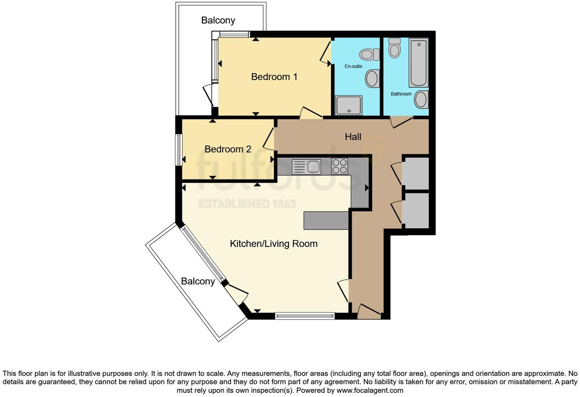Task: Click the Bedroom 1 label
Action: coord(274,77)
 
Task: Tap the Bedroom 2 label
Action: coord(228,149)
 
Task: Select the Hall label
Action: coord(353,137)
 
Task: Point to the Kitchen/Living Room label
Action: coord(274,244)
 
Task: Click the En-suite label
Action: coord(353,66)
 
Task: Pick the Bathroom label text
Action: coord(401,94)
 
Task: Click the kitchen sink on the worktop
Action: coord(306,167)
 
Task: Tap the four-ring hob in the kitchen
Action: coord(340,166)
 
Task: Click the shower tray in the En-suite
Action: coord(348,105)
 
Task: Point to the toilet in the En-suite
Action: coord(369,55)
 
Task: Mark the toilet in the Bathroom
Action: coord(395,48)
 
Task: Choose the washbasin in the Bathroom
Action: coord(421,100)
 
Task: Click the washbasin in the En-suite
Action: coord(372,78)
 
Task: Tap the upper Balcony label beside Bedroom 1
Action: coord(218,20)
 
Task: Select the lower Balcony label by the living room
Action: coord(198,281)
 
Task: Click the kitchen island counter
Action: coord(326,221)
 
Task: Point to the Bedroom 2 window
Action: coord(178,149)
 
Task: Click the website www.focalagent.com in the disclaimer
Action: coord(370,391)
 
